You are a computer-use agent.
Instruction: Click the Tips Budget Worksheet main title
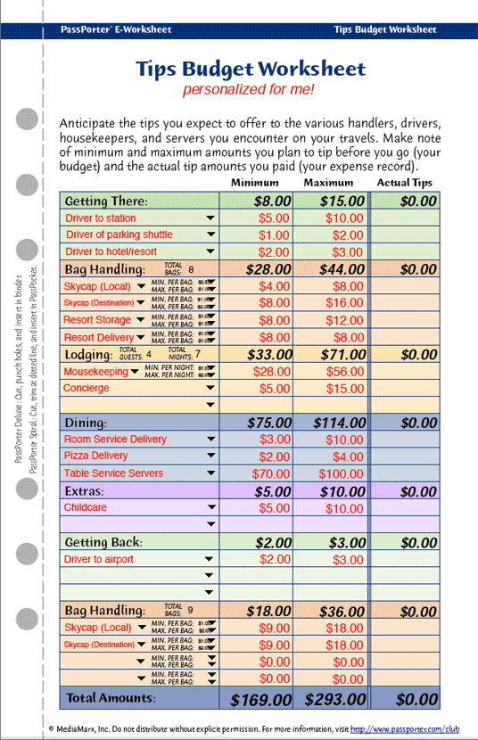coord(251,69)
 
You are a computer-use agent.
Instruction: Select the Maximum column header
coord(328,183)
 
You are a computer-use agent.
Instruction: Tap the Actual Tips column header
coord(404,183)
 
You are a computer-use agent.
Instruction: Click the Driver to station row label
coord(101,218)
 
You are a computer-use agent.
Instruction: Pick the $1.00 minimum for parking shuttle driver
coord(274,234)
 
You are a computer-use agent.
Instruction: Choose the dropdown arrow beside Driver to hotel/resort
coord(210,252)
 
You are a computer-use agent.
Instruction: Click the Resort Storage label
coord(97,320)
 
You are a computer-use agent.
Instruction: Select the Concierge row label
coord(87,389)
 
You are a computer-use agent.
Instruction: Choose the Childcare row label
coord(86,507)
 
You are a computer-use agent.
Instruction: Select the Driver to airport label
coord(99,559)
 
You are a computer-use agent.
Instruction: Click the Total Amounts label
coord(111,698)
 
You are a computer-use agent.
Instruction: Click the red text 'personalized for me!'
coord(249,90)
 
